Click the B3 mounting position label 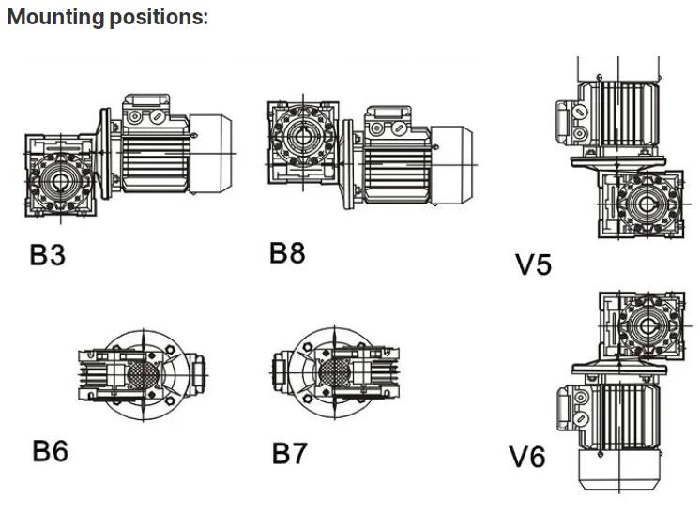(x=47, y=254)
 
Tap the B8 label (x=287, y=252)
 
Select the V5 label (x=534, y=264)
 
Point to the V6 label (x=526, y=458)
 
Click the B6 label (x=50, y=451)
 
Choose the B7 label (x=289, y=454)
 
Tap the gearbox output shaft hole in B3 (x=59, y=178)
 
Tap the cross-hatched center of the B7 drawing (x=333, y=373)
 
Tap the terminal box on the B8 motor (x=388, y=119)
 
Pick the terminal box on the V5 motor (x=571, y=114)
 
